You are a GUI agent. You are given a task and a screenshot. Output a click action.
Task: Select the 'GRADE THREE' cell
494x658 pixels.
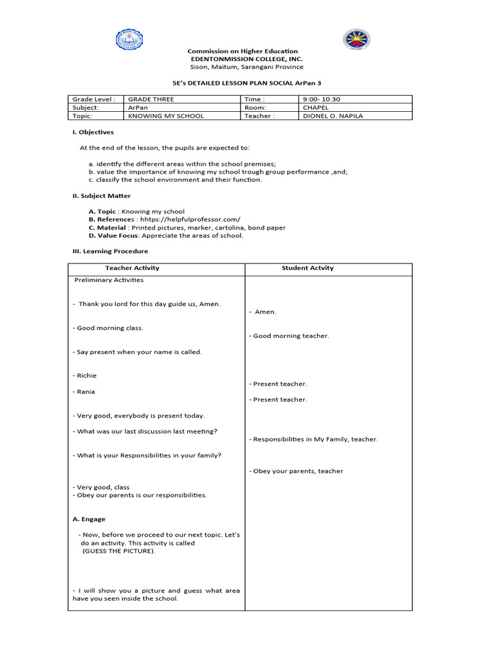click(151, 100)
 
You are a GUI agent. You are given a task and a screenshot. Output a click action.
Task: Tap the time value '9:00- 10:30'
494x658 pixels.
click(322, 100)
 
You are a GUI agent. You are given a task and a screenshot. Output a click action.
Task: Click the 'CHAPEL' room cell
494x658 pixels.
click(315, 108)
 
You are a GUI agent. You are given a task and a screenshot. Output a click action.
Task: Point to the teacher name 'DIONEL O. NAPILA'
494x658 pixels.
click(333, 116)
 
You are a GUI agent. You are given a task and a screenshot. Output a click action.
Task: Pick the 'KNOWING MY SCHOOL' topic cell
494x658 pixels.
click(166, 116)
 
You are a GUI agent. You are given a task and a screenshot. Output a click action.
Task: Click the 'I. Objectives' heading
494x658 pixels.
click(93, 132)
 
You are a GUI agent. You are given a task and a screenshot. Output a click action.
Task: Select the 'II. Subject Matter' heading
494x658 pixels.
click(101, 196)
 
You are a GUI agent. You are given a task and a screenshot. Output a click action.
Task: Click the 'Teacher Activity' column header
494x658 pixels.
click(132, 268)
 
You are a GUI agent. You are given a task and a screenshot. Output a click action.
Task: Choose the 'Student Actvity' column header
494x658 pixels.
click(307, 268)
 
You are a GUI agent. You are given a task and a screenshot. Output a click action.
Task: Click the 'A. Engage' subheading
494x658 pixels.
click(89, 519)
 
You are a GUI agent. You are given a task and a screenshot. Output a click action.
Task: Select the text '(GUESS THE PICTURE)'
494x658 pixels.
click(118, 551)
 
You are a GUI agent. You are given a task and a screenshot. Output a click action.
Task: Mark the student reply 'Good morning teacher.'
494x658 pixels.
click(291, 336)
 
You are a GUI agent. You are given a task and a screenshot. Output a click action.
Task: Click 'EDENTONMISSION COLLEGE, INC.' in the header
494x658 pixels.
click(242, 59)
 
